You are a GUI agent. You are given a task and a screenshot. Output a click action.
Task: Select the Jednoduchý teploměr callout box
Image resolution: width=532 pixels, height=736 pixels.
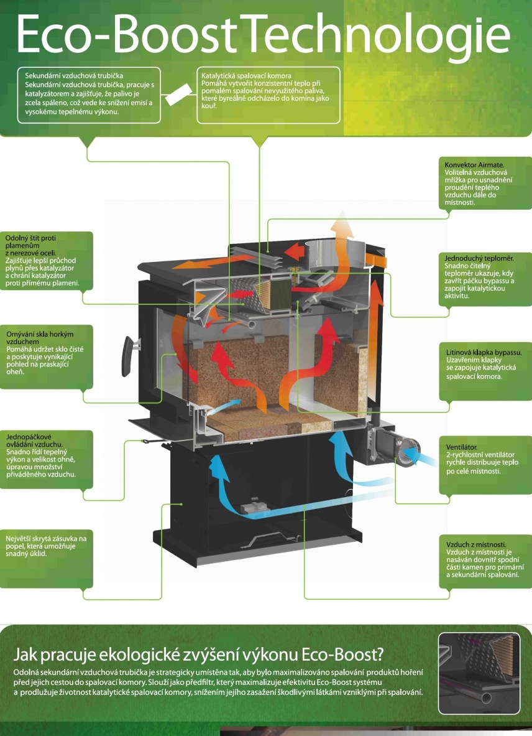[x=484, y=277]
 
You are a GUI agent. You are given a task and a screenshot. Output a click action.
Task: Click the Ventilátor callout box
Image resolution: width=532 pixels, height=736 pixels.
[x=484, y=461]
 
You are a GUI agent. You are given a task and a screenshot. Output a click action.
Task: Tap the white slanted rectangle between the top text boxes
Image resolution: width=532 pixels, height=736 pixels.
[x=179, y=95]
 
